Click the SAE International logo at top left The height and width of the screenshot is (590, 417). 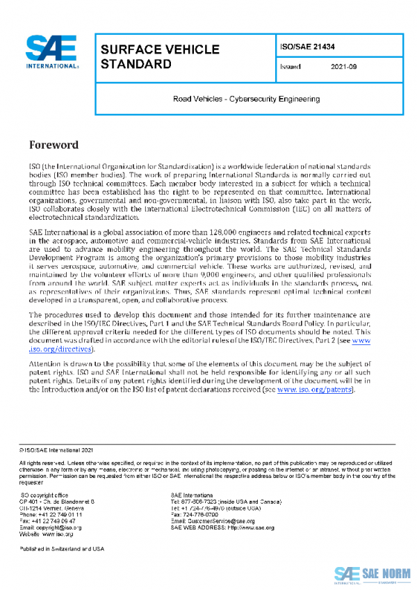[53, 53]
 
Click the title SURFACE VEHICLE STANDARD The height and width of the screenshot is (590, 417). [160, 57]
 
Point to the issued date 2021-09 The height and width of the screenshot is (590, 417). [344, 67]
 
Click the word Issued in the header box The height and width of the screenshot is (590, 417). [290, 67]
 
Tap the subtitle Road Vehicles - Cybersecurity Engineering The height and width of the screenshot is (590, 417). [246, 99]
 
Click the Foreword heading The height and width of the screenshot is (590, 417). [54, 145]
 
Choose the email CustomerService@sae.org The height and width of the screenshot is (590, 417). [220, 520]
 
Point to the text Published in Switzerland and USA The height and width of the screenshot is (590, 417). [62, 549]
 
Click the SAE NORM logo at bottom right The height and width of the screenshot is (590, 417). [370, 573]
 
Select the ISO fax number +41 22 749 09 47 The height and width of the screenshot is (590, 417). [58, 520]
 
